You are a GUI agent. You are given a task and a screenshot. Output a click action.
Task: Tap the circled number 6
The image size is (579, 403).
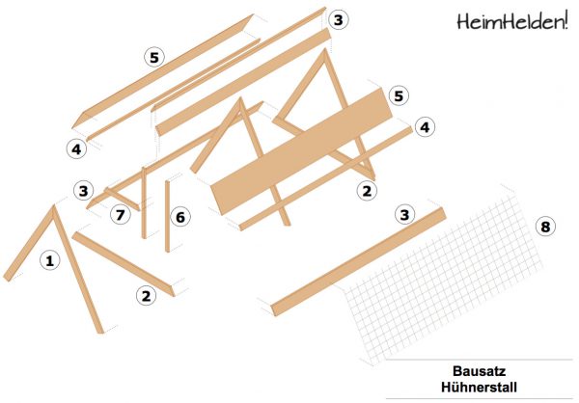point(179,217)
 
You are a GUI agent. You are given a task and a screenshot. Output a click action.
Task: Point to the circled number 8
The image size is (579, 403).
point(545,228)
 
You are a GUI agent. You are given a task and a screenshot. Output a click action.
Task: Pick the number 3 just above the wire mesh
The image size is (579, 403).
point(405,214)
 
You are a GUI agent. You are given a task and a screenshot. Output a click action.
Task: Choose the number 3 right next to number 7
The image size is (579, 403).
point(85,190)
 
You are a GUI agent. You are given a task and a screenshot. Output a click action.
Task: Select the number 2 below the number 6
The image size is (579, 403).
point(146,296)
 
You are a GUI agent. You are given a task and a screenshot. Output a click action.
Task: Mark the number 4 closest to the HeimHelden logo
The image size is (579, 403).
point(423,126)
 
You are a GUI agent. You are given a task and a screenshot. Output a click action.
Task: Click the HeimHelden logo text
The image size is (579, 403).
point(508,20)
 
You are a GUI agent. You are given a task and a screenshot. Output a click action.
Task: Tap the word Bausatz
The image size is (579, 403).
point(479,370)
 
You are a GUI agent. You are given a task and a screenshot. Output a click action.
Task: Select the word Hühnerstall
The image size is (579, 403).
point(479,388)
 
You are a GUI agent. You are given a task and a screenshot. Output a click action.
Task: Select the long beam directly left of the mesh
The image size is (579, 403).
point(357,260)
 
